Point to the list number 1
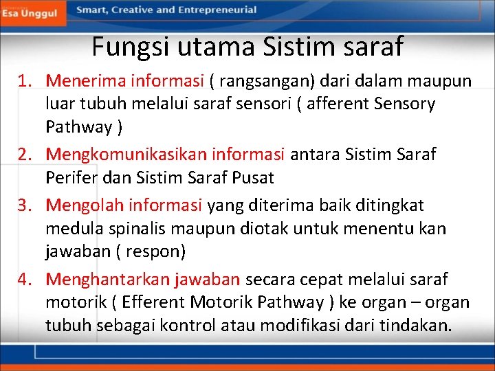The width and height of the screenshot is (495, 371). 25,81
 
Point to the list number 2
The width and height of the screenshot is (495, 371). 25,155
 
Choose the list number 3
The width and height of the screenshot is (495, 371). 25,205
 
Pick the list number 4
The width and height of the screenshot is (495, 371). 25,280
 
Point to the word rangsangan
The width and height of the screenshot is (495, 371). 263,81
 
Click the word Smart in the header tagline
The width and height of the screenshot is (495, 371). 93,10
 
